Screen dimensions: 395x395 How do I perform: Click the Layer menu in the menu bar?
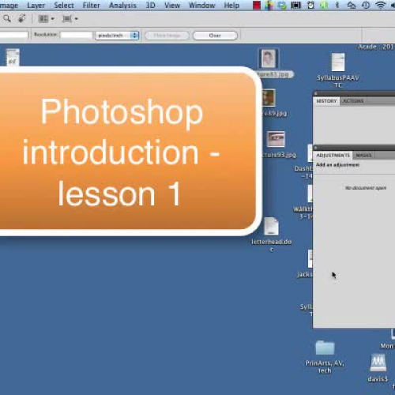36,5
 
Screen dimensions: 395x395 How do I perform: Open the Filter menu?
91,5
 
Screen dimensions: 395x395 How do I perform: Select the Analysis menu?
122,5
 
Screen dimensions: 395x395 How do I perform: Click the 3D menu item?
150,5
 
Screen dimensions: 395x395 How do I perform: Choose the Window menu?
201,5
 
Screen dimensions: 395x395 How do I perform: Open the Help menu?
231,5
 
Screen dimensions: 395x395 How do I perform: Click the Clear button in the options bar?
214,36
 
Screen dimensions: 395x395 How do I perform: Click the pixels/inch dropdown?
117,36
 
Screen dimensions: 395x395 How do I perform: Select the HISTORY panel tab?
326,101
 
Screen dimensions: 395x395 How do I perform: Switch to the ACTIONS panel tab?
352,101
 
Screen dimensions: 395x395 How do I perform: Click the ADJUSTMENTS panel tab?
333,156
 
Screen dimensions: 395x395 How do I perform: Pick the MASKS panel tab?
363,156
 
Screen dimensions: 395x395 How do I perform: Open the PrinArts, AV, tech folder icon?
324,348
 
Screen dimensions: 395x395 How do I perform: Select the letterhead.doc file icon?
271,228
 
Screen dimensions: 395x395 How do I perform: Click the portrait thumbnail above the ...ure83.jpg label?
269,58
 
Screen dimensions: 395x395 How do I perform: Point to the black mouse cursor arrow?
333,275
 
